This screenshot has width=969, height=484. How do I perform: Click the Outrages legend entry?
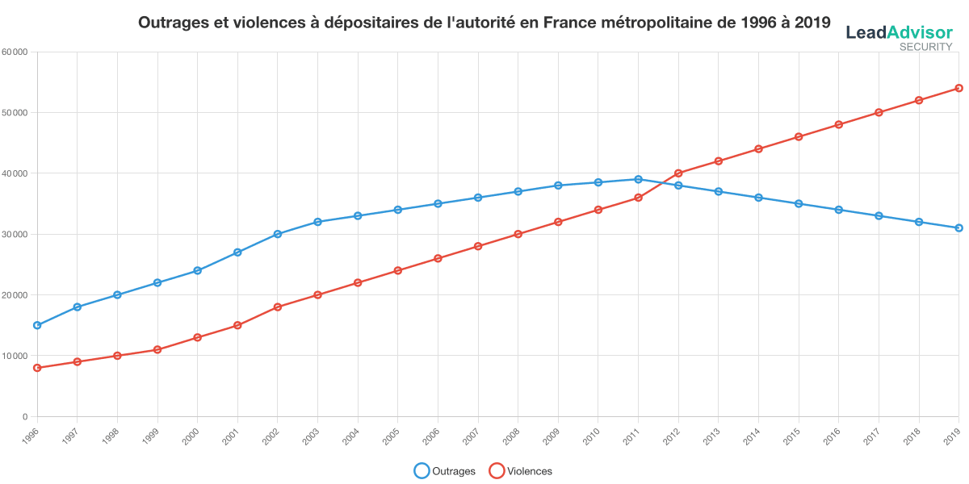click(x=445, y=471)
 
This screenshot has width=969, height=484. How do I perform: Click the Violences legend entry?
click(x=521, y=471)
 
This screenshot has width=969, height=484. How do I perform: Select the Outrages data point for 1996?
click(x=37, y=325)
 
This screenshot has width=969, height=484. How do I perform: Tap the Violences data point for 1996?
click(x=37, y=368)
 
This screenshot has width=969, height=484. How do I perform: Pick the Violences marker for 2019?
click(x=959, y=88)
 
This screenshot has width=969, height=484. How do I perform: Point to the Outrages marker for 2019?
click(x=959, y=228)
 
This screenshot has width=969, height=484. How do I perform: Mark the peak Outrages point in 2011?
click(x=638, y=179)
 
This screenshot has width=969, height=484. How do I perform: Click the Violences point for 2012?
click(x=678, y=173)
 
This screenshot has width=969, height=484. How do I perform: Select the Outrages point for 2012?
click(x=678, y=186)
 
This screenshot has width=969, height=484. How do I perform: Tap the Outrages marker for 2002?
click(x=278, y=234)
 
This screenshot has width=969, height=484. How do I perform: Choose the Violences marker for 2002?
click(x=278, y=307)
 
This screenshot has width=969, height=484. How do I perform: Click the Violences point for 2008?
click(x=518, y=234)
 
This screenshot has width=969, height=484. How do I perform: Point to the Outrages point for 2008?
click(x=518, y=191)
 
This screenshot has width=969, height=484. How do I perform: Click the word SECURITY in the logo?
click(x=926, y=47)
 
